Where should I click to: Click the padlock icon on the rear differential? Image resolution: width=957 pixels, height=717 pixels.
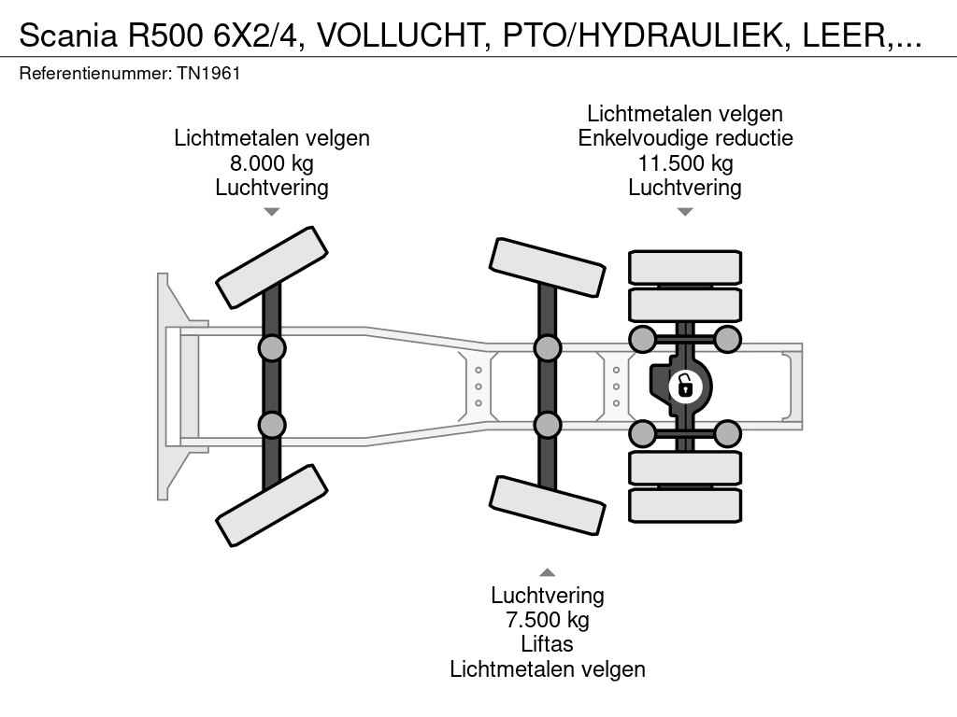tap(685, 385)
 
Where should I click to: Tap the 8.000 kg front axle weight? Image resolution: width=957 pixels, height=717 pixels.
tap(271, 163)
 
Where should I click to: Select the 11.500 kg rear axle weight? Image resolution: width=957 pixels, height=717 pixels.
tap(685, 163)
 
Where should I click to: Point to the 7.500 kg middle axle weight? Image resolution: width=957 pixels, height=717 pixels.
tap(547, 620)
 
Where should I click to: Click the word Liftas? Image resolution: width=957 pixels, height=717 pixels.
tap(547, 644)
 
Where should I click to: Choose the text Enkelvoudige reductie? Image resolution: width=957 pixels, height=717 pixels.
tap(685, 138)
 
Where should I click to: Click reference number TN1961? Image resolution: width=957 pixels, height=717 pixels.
tap(208, 73)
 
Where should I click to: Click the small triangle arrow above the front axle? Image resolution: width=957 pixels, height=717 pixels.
tap(271, 212)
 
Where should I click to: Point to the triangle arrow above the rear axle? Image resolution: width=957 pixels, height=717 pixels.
tap(685, 212)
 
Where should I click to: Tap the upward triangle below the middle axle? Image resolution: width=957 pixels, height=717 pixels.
tap(547, 572)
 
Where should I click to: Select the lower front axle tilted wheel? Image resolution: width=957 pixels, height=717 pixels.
tap(271, 505)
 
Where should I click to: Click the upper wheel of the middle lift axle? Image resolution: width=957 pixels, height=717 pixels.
tap(547, 267)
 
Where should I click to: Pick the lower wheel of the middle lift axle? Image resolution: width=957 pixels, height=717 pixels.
tap(547, 506)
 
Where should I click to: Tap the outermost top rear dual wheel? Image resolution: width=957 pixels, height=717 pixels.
tap(685, 266)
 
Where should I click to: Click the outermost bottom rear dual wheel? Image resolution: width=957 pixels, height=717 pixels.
tap(685, 505)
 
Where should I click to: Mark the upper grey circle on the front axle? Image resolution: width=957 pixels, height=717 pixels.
tap(271, 349)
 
